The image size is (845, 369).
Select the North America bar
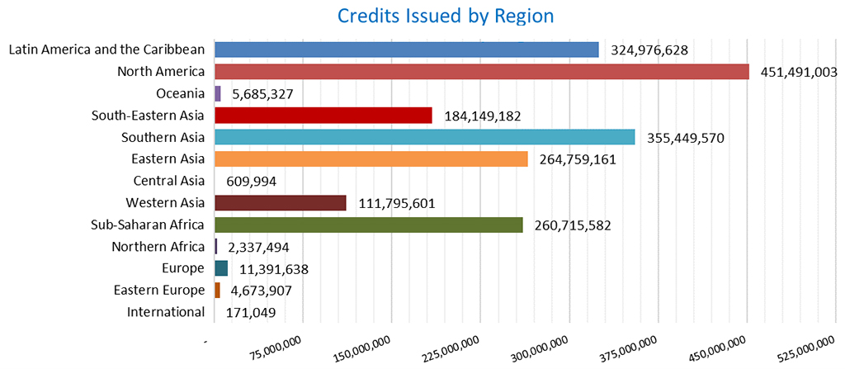[481, 72]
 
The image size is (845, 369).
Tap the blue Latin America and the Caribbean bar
[406, 50]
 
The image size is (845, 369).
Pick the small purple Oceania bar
[218, 93]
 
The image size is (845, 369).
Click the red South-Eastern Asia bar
[323, 116]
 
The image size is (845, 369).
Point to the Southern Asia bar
[424, 137]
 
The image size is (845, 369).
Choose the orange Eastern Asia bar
[371, 159]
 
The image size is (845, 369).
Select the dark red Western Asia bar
[280, 203]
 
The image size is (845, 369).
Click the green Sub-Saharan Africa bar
[368, 225]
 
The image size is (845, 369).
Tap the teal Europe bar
[221, 268]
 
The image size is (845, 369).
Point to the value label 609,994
[252, 182]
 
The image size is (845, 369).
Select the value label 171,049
[250, 313]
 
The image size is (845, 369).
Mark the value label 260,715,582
[573, 225]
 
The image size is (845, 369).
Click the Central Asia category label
[168, 181]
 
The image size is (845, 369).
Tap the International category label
[165, 312]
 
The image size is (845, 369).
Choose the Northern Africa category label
[158, 247]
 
